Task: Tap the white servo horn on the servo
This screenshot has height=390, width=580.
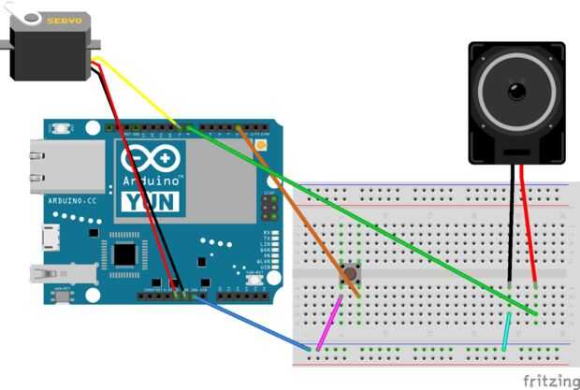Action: tap(32, 16)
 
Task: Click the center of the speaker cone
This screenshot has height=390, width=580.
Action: tap(516, 92)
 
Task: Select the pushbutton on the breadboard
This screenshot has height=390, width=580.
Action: tap(352, 274)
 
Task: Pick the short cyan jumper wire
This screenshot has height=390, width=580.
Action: tap(507, 332)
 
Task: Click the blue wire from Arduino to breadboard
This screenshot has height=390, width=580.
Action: tap(253, 323)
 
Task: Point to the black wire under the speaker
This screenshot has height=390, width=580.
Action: tap(512, 224)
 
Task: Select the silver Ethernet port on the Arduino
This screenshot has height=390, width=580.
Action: tap(36, 164)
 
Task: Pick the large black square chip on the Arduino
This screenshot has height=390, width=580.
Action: tap(124, 254)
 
